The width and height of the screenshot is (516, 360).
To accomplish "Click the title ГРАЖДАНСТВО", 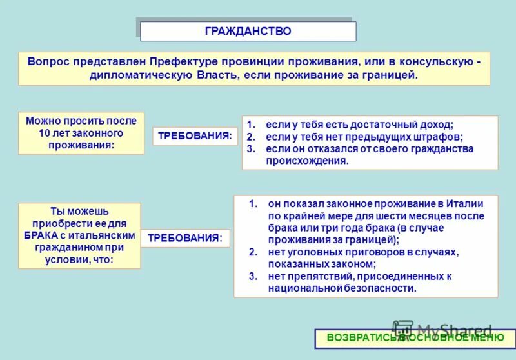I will point(248,31).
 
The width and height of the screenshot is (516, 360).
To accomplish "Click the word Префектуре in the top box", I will point(179,61).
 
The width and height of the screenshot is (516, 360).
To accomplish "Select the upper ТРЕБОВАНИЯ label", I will point(195,136).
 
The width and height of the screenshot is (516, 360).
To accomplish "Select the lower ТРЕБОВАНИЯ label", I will point(184,238).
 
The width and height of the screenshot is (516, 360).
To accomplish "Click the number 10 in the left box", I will point(45,133).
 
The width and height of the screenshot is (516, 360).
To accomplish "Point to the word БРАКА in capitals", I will point(46,235).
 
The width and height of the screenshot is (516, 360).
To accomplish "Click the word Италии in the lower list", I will point(463,204).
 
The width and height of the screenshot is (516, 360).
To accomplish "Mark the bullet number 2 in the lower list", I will point(253,252).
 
